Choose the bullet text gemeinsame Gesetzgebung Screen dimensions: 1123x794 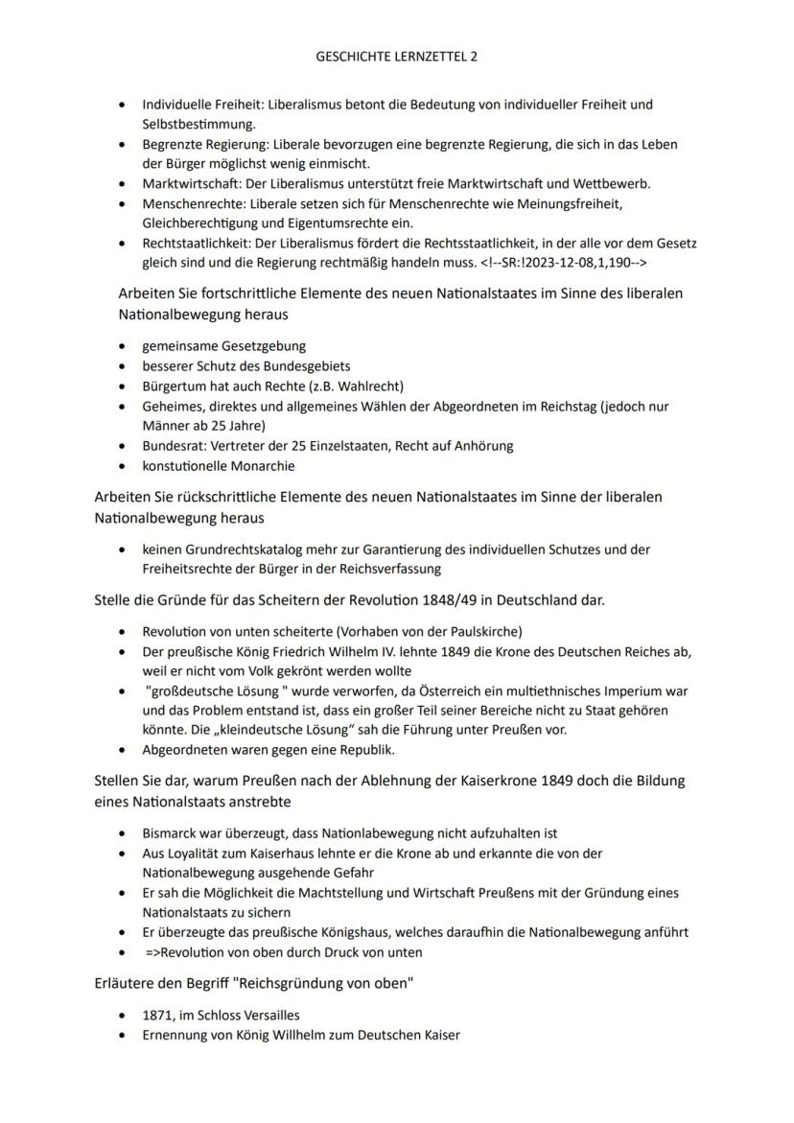point(224,345)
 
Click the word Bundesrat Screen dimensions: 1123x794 point(170,445)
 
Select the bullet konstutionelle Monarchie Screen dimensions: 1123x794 point(219,466)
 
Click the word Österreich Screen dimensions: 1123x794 point(426,690)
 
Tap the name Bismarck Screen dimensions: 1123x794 point(171,833)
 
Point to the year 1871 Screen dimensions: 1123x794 point(157,1015)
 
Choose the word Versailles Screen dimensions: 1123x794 point(269,1015)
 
